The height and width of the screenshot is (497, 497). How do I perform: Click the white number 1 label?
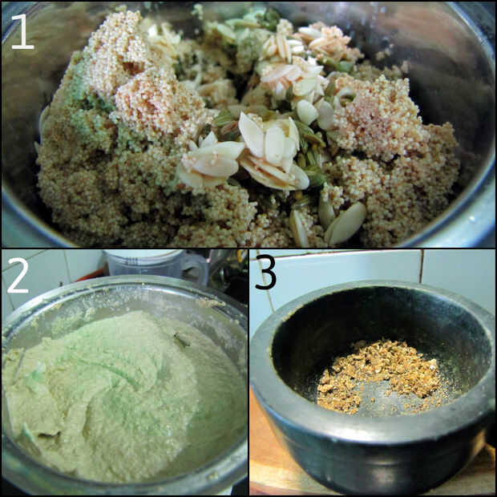coord(22,32)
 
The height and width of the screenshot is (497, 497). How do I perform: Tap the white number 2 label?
coord(18,275)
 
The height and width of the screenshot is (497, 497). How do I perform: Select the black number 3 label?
coord(265,271)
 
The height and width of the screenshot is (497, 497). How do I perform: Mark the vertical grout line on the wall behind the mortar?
coord(421,265)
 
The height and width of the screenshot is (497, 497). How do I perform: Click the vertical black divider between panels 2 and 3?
coord(248,373)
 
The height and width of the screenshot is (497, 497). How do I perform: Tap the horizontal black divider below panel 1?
coord(248,248)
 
